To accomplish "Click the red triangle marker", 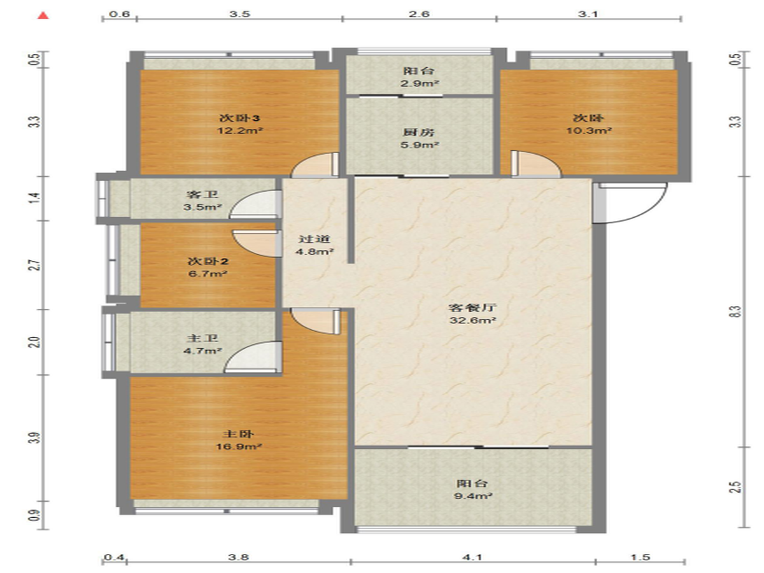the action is (x=43, y=15).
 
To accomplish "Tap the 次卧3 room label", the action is (x=239, y=118).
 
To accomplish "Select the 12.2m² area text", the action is (x=240, y=131).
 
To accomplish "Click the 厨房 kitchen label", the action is (x=419, y=132).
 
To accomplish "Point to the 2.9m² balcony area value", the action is (x=420, y=83).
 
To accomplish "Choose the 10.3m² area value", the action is (x=589, y=131).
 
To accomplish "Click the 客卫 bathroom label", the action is (x=202, y=194).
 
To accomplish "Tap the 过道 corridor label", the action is (x=315, y=239).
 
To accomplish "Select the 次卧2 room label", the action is (x=208, y=261).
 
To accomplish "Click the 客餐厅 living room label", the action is (x=472, y=308).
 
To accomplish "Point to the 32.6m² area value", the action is (x=472, y=320).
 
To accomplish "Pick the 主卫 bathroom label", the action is (x=202, y=338).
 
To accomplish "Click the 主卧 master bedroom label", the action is (x=238, y=434).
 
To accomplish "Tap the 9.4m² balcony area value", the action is (x=473, y=496).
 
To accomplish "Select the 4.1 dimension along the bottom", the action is (x=472, y=557).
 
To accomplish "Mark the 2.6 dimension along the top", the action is (x=419, y=14).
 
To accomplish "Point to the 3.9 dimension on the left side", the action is (x=36, y=438).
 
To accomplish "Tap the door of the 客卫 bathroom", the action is (x=256, y=204).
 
